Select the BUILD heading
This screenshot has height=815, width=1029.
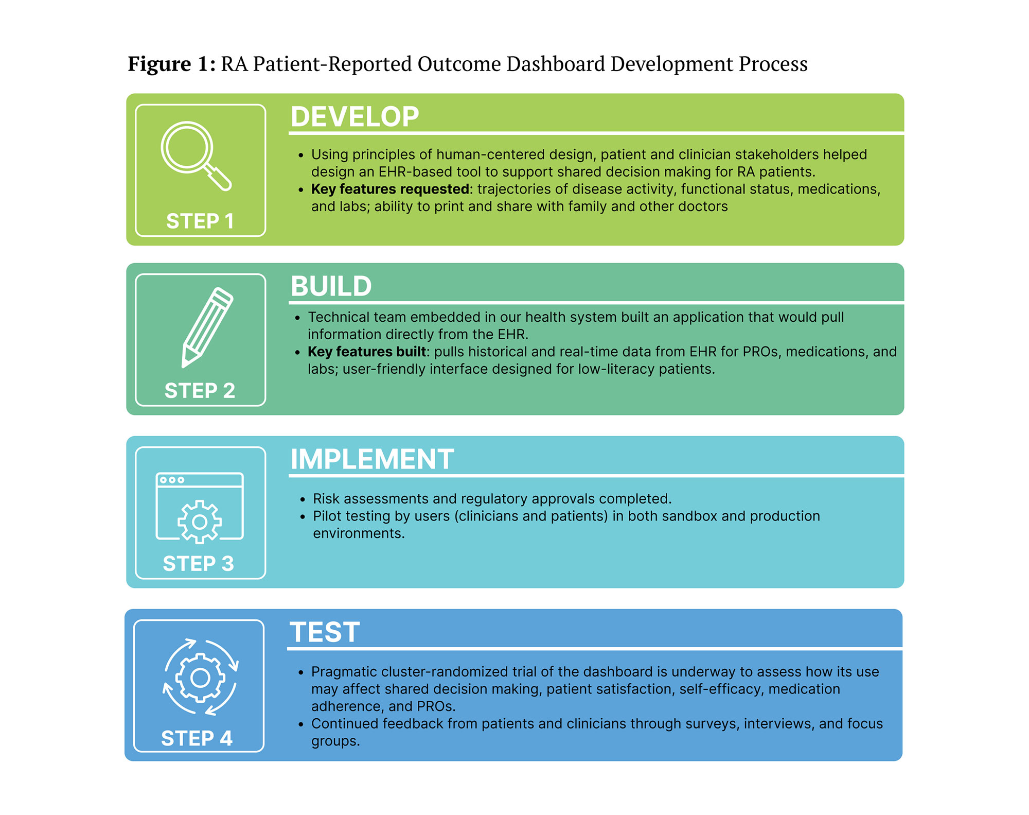point(331,286)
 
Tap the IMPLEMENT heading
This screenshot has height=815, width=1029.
point(372,459)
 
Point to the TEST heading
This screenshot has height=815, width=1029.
point(324,632)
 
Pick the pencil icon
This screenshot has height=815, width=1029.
point(208,327)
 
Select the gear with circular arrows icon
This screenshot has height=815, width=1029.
point(200,677)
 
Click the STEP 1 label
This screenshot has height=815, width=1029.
point(200,221)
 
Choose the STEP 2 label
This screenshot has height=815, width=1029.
point(200,391)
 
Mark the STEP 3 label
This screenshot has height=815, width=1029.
point(199,564)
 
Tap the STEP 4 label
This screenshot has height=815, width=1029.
point(197,738)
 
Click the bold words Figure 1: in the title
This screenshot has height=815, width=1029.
point(171,64)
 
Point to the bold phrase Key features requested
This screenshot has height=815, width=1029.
point(390,189)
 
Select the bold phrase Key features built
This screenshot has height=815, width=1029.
point(366,352)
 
